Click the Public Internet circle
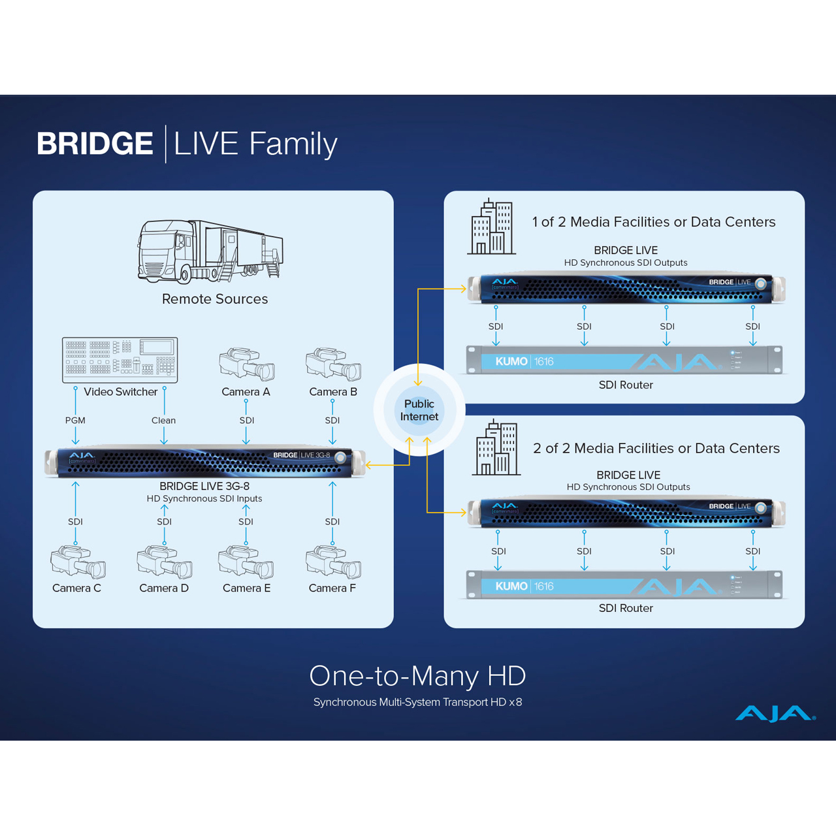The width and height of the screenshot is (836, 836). (x=419, y=410)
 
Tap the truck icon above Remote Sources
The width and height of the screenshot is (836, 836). (x=210, y=251)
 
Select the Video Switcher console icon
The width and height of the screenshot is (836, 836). (x=120, y=359)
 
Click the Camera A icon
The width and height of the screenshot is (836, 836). (x=246, y=364)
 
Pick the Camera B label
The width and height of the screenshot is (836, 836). (x=333, y=392)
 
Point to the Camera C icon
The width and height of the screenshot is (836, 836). (x=78, y=562)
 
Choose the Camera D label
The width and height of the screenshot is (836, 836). (x=164, y=588)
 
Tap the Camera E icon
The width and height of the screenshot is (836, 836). (x=246, y=562)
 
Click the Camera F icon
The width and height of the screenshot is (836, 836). (x=333, y=562)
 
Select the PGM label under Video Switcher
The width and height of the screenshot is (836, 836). (x=75, y=421)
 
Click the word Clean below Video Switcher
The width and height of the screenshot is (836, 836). (x=163, y=421)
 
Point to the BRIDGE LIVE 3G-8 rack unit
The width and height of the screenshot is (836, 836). (x=204, y=462)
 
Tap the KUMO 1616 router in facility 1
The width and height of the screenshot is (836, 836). (x=626, y=360)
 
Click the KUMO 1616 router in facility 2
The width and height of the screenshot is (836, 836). (x=626, y=585)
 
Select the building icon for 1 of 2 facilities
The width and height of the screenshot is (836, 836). (x=491, y=227)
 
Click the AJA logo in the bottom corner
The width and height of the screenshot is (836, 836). (x=775, y=713)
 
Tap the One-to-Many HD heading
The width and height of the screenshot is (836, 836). (x=417, y=676)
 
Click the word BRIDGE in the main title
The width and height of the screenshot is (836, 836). (x=95, y=144)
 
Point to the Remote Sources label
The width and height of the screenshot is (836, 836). (x=215, y=299)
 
